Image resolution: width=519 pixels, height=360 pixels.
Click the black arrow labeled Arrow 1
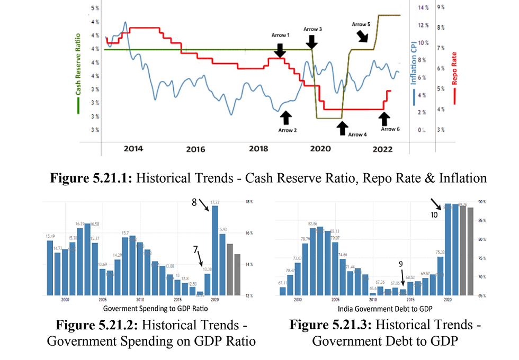280,50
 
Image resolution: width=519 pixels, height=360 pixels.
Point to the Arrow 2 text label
288,129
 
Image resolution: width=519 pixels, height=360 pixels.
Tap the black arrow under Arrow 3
312,41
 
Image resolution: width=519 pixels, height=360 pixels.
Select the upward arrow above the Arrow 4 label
343,127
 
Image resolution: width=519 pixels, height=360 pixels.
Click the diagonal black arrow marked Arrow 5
364,35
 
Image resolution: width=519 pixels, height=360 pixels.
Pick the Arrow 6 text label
390,129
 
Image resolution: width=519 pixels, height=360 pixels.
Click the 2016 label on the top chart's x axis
195,149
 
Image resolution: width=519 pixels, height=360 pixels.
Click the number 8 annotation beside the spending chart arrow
194,202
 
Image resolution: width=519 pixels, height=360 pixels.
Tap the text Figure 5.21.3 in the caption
326,325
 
